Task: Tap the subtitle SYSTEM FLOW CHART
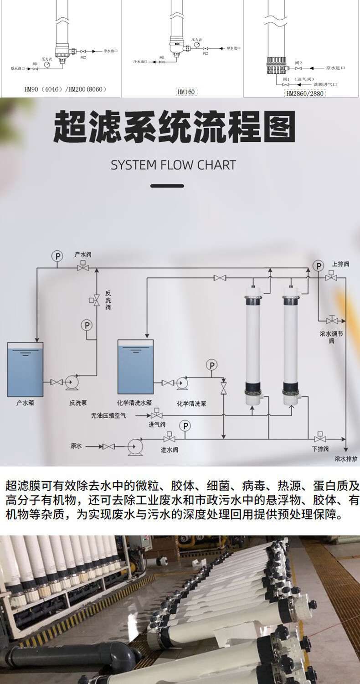coord(174,165)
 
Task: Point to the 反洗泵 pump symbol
coord(72,382)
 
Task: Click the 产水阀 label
coord(83,254)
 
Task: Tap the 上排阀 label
coord(341,264)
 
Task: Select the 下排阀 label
coord(321,449)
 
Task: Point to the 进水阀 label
coord(169,450)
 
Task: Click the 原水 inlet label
coord(76,446)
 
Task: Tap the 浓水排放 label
coord(347,459)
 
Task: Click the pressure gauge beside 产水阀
coord(57,256)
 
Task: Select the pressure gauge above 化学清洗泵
coord(211,364)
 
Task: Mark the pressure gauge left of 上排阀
coord(318,266)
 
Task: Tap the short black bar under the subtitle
coord(167,186)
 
